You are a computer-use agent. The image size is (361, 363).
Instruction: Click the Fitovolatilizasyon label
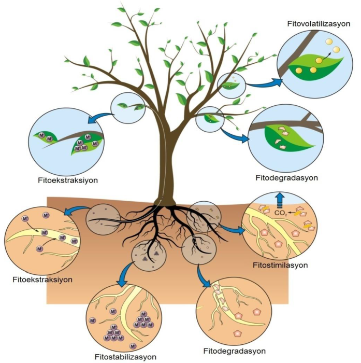(319, 24)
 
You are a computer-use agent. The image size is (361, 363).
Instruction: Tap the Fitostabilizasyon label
(125, 357)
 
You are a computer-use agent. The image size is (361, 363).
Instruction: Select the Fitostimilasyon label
(280, 265)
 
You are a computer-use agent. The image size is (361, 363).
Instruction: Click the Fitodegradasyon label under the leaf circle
(286, 178)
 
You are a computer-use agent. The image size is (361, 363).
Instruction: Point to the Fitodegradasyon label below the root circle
(235, 351)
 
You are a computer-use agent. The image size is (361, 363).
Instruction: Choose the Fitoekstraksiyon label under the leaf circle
(68, 180)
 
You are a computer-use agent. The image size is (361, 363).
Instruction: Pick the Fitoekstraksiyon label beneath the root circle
(42, 280)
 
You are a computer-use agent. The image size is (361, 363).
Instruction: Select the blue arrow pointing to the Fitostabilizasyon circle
(125, 275)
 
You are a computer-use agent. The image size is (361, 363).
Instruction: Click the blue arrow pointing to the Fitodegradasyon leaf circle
(235, 135)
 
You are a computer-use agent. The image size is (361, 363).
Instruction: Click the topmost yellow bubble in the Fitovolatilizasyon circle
(329, 42)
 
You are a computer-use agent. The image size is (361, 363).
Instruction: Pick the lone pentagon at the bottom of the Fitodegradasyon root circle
(238, 333)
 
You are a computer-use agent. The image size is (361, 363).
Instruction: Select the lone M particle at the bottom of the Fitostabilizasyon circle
(133, 346)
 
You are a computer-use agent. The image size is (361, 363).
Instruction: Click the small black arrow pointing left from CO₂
(292, 212)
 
